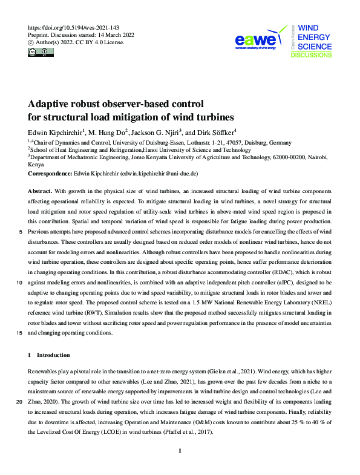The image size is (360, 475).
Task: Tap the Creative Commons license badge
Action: pyautogui.click(x=41, y=53)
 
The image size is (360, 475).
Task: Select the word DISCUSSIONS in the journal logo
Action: pyautogui.click(x=311, y=54)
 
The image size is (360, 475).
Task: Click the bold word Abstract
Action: pyautogui.click(x=39, y=190)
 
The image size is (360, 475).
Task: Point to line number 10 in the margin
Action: pyautogui.click(x=20, y=283)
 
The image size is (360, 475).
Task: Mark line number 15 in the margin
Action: pyautogui.click(x=20, y=333)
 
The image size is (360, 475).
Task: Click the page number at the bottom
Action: pyautogui.click(x=180, y=451)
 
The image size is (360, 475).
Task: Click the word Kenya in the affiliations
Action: pyautogui.click(x=36, y=164)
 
